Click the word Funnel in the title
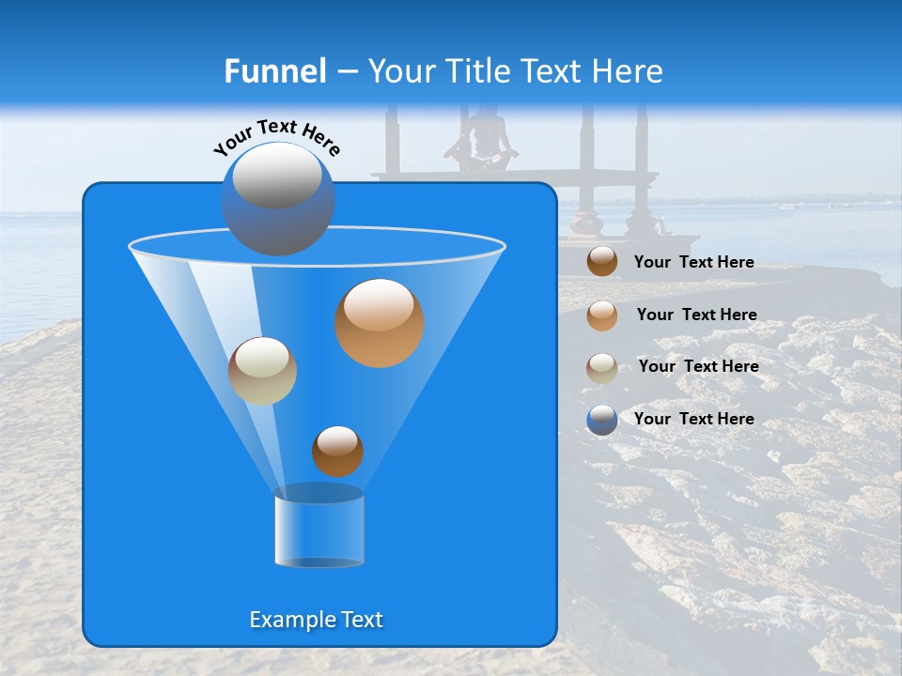tap(274, 71)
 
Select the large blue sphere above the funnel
tap(277, 198)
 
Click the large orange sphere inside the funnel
tap(380, 323)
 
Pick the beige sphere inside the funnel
tap(262, 371)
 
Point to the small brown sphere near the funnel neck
tap(337, 451)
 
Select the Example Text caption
tap(317, 620)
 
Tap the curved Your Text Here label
tap(277, 137)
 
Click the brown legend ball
tap(602, 262)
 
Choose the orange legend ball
tap(602, 315)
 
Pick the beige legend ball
tap(602, 367)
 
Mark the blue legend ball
tap(602, 419)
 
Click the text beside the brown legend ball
tap(693, 262)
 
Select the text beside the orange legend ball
tap(696, 315)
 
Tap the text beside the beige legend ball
tap(698, 366)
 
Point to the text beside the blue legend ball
tap(693, 419)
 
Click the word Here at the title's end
tap(629, 71)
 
